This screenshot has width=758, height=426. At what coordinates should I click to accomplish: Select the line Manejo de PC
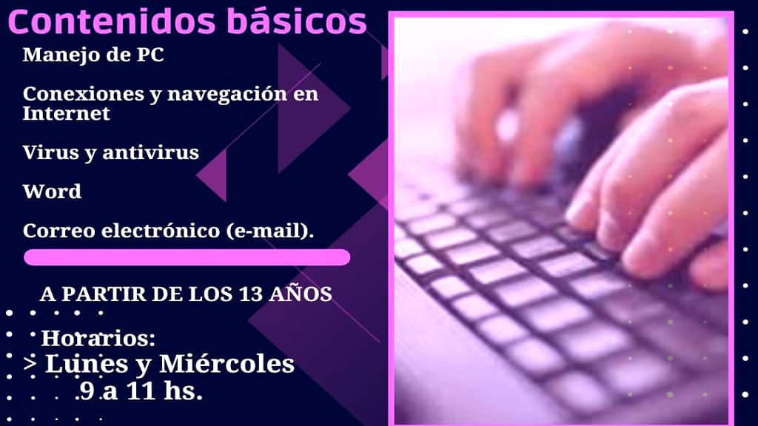[x=93, y=55]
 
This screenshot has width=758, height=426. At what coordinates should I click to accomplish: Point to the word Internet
[x=66, y=113]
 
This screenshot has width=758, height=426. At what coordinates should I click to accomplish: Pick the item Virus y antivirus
[x=111, y=152]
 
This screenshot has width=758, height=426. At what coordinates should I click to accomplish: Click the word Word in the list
[x=52, y=192]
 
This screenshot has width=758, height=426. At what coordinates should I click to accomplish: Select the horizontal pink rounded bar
[x=187, y=257]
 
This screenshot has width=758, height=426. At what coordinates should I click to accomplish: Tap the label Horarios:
[x=98, y=339]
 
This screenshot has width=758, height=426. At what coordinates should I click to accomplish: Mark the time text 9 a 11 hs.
[x=141, y=390]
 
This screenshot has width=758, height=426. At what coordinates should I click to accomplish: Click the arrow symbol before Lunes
[x=31, y=364]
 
